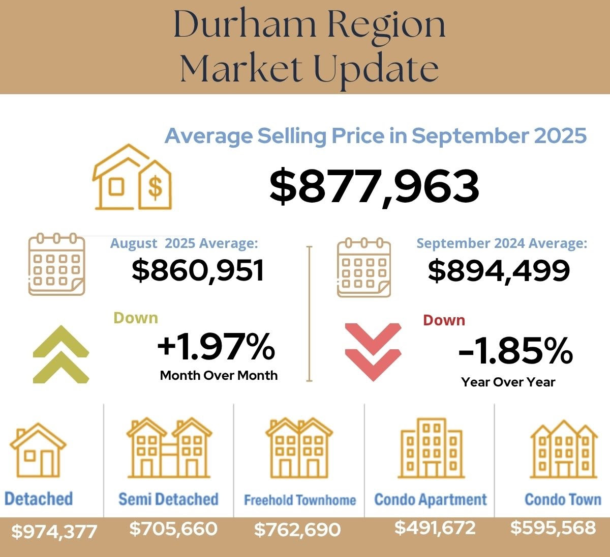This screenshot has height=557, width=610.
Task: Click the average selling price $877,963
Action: point(374,186)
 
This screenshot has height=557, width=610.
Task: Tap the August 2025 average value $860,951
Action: point(198,270)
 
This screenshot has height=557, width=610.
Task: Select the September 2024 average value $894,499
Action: point(499,270)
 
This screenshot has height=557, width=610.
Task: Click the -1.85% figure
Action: point(515,351)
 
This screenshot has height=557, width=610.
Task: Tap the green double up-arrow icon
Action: point(61,354)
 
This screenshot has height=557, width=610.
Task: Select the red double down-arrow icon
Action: point(373,351)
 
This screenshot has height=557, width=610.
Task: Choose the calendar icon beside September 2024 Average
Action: point(363,266)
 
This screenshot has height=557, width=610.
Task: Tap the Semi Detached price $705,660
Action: point(173,528)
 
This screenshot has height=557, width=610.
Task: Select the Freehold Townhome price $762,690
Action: point(297,530)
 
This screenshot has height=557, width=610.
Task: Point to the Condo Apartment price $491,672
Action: point(435,527)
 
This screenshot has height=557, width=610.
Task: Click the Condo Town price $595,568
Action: point(553,527)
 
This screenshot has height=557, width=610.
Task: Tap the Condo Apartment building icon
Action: point(431,448)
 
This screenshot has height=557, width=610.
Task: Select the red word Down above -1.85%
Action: point(444,320)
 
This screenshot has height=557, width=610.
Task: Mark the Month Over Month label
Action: point(219,375)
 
